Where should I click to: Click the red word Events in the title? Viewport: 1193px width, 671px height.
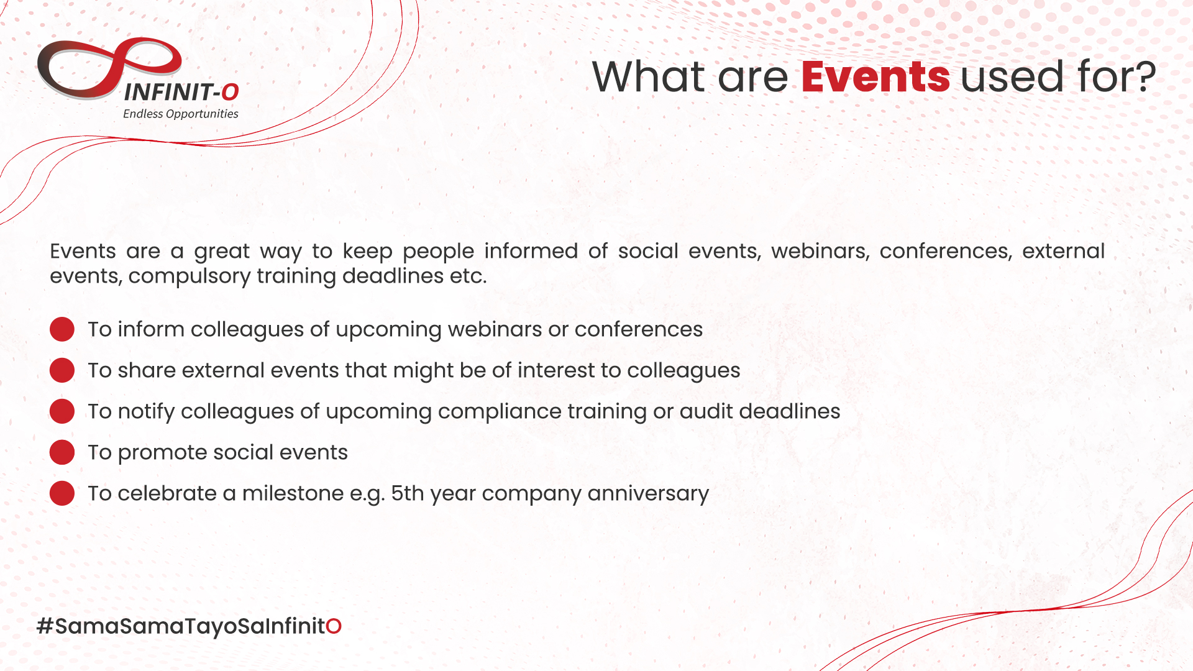pos(875,76)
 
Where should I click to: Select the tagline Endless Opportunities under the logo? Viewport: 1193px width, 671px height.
pos(180,114)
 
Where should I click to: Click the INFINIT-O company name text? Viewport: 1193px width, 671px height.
pos(181,93)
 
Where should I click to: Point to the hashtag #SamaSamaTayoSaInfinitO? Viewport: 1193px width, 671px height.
pos(189,626)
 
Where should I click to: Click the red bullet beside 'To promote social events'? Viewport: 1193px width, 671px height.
pos(62,452)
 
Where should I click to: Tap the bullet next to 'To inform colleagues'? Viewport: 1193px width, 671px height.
pos(62,329)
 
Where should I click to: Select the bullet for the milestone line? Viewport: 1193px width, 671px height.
pos(62,493)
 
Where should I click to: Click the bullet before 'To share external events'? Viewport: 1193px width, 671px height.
pos(62,370)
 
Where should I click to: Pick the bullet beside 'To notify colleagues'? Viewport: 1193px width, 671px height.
pos(62,411)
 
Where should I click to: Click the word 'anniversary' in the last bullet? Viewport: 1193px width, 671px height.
pos(648,494)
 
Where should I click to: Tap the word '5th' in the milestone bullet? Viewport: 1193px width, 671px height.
pos(407,493)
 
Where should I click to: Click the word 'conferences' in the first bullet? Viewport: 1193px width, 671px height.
pos(639,330)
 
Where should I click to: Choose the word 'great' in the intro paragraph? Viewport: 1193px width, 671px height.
pos(222,252)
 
